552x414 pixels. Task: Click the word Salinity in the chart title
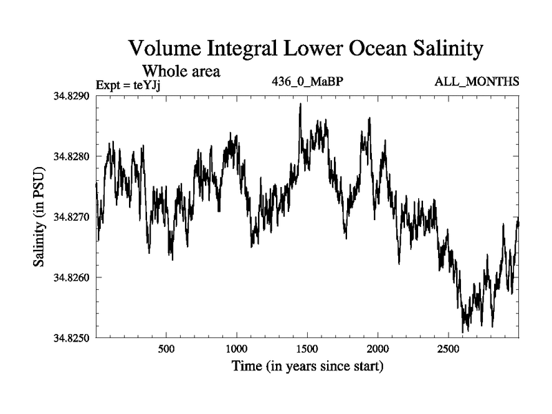tap(442, 49)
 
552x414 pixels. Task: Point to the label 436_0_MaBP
tap(308, 82)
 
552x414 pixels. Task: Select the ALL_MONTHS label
tap(476, 82)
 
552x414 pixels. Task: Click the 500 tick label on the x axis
tap(166, 349)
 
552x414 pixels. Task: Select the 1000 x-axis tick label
tap(237, 349)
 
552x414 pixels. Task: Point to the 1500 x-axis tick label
tap(307, 349)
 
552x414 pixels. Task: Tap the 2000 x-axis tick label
tap(378, 349)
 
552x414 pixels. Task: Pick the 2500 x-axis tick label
tap(448, 349)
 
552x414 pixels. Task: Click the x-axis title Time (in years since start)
tap(307, 366)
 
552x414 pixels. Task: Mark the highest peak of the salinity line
tap(300, 104)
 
